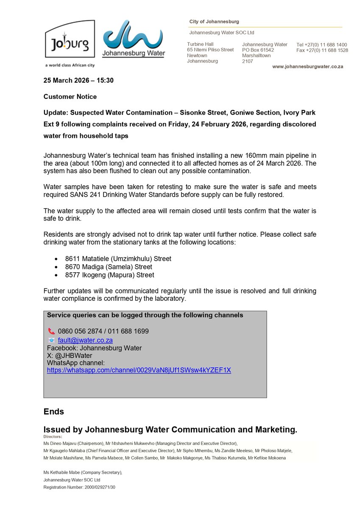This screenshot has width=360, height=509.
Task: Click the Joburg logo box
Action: coord(70,39)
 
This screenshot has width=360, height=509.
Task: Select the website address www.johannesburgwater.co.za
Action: coord(307,67)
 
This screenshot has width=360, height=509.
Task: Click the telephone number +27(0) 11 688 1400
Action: coord(322,45)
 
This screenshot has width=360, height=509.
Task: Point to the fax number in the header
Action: coord(322,50)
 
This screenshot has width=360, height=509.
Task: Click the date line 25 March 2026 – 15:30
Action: coord(78,80)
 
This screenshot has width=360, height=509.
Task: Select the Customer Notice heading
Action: coord(70,97)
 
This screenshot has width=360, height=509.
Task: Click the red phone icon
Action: coord(51,331)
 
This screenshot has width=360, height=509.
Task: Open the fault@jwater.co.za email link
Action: coord(85,340)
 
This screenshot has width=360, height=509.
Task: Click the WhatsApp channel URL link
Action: coord(139,370)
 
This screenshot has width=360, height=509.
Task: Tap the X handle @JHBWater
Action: coord(73,355)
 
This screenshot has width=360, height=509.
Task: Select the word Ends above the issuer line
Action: coord(54,412)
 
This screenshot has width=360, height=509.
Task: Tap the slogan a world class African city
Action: coord(70,65)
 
